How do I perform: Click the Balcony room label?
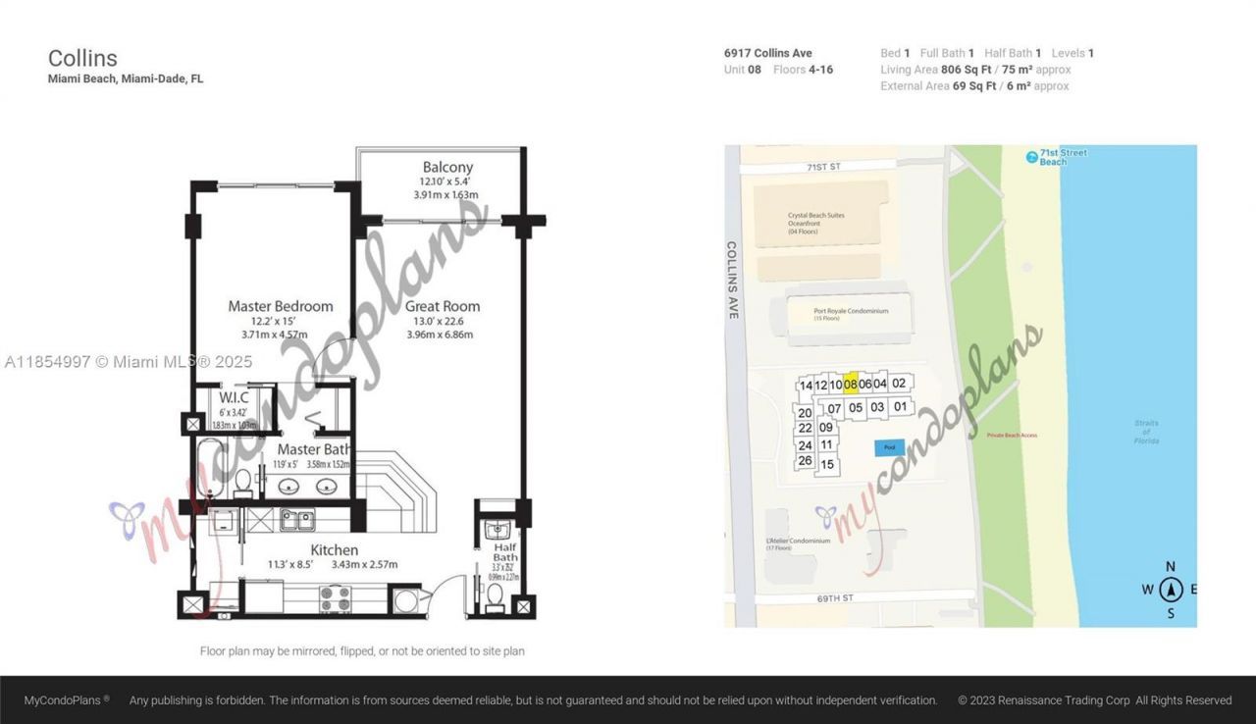point(447,168)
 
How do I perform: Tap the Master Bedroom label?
point(280,306)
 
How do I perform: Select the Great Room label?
point(442,306)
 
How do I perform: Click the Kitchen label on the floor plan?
point(334,549)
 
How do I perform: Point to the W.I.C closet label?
point(234,397)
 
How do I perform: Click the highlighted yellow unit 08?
point(851,384)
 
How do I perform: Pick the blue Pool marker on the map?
point(890,447)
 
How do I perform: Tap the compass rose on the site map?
point(1170,590)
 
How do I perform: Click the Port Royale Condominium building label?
point(850,311)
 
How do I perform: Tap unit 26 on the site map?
point(805,461)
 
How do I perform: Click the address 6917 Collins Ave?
point(767,53)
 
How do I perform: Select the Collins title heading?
point(82,59)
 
